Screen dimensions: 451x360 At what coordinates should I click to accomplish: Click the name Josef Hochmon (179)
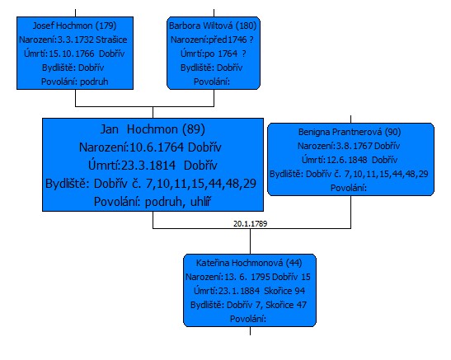tap(75, 26)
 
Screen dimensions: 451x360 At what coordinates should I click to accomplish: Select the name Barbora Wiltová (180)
tap(213, 26)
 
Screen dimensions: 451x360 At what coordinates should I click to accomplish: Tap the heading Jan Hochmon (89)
tap(153, 129)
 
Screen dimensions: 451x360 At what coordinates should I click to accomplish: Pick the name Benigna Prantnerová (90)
tap(350, 132)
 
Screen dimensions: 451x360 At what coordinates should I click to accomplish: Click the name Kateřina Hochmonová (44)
tap(249, 263)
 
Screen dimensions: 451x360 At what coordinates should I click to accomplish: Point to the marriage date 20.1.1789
tap(251, 223)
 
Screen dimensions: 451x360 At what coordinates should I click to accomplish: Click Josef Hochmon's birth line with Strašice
tap(73, 40)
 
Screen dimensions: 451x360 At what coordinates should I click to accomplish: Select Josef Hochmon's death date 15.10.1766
tap(74, 54)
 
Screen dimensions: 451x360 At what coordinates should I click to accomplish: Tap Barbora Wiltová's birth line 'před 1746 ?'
tap(212, 40)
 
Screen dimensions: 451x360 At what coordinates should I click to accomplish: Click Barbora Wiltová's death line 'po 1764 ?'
tap(213, 54)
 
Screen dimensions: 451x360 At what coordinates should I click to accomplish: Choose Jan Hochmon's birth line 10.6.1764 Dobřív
tap(150, 147)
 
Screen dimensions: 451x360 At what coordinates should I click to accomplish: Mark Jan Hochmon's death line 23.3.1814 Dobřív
tap(153, 166)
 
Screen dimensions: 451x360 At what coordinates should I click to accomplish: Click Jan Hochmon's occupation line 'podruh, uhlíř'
tap(153, 202)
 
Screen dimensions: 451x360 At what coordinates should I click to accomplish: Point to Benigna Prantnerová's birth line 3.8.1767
tap(349, 146)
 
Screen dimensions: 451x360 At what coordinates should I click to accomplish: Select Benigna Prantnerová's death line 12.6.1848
tap(350, 160)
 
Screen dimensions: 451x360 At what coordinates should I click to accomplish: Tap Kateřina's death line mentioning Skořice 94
tap(249, 291)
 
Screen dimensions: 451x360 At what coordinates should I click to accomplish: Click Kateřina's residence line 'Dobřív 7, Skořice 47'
tap(248, 305)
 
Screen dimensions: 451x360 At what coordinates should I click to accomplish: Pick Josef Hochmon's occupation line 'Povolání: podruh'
tap(75, 82)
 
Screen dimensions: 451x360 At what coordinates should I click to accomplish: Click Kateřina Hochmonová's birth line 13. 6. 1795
tap(248, 277)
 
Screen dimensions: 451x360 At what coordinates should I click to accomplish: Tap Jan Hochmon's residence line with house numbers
tap(151, 184)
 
